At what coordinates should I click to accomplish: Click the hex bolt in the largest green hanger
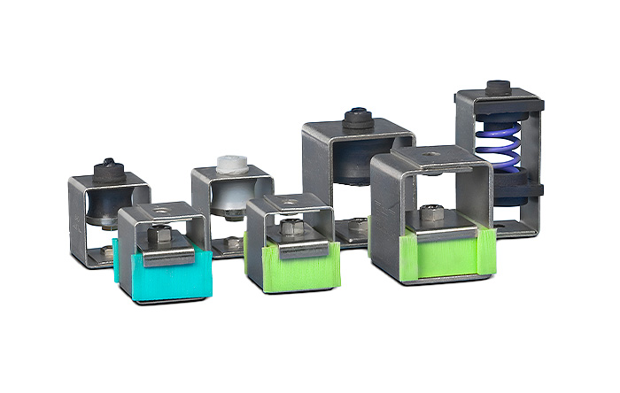pyautogui.click(x=430, y=214)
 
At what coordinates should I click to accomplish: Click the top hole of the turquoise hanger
pyautogui.click(x=162, y=212)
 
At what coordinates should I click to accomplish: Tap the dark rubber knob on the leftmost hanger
pyautogui.click(x=108, y=166)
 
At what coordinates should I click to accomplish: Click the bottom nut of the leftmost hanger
pyautogui.click(x=108, y=252)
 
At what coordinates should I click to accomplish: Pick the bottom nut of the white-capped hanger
pyautogui.click(x=233, y=243)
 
